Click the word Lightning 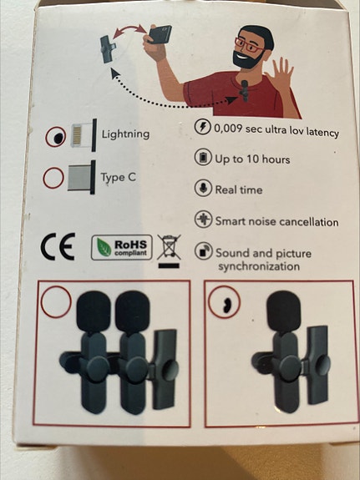coord(125,134)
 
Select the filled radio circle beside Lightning coord(56,136)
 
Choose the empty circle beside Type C coord(54,178)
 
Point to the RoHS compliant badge coord(122,247)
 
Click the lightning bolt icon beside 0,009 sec coord(203,128)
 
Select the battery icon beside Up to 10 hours coord(203,158)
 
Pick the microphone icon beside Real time coord(203,189)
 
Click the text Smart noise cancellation coord(276,222)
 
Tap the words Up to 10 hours coord(253,159)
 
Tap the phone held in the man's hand coord(160,36)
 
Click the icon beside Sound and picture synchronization coord(203,251)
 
